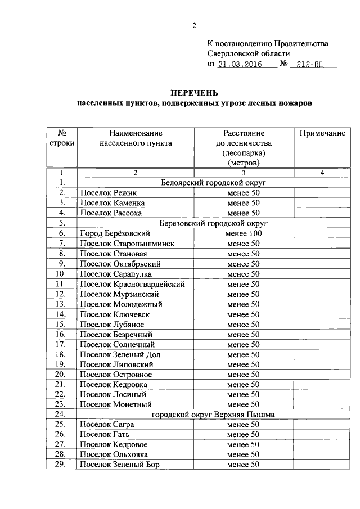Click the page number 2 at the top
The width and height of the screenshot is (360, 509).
[195, 25]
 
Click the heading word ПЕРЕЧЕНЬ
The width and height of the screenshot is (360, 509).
[195, 92]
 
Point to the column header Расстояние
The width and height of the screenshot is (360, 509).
[244, 133]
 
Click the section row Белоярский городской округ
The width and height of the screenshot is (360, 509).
[213, 183]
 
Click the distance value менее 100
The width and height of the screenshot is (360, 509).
[244, 233]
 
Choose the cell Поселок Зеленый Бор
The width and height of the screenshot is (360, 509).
[120, 465]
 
